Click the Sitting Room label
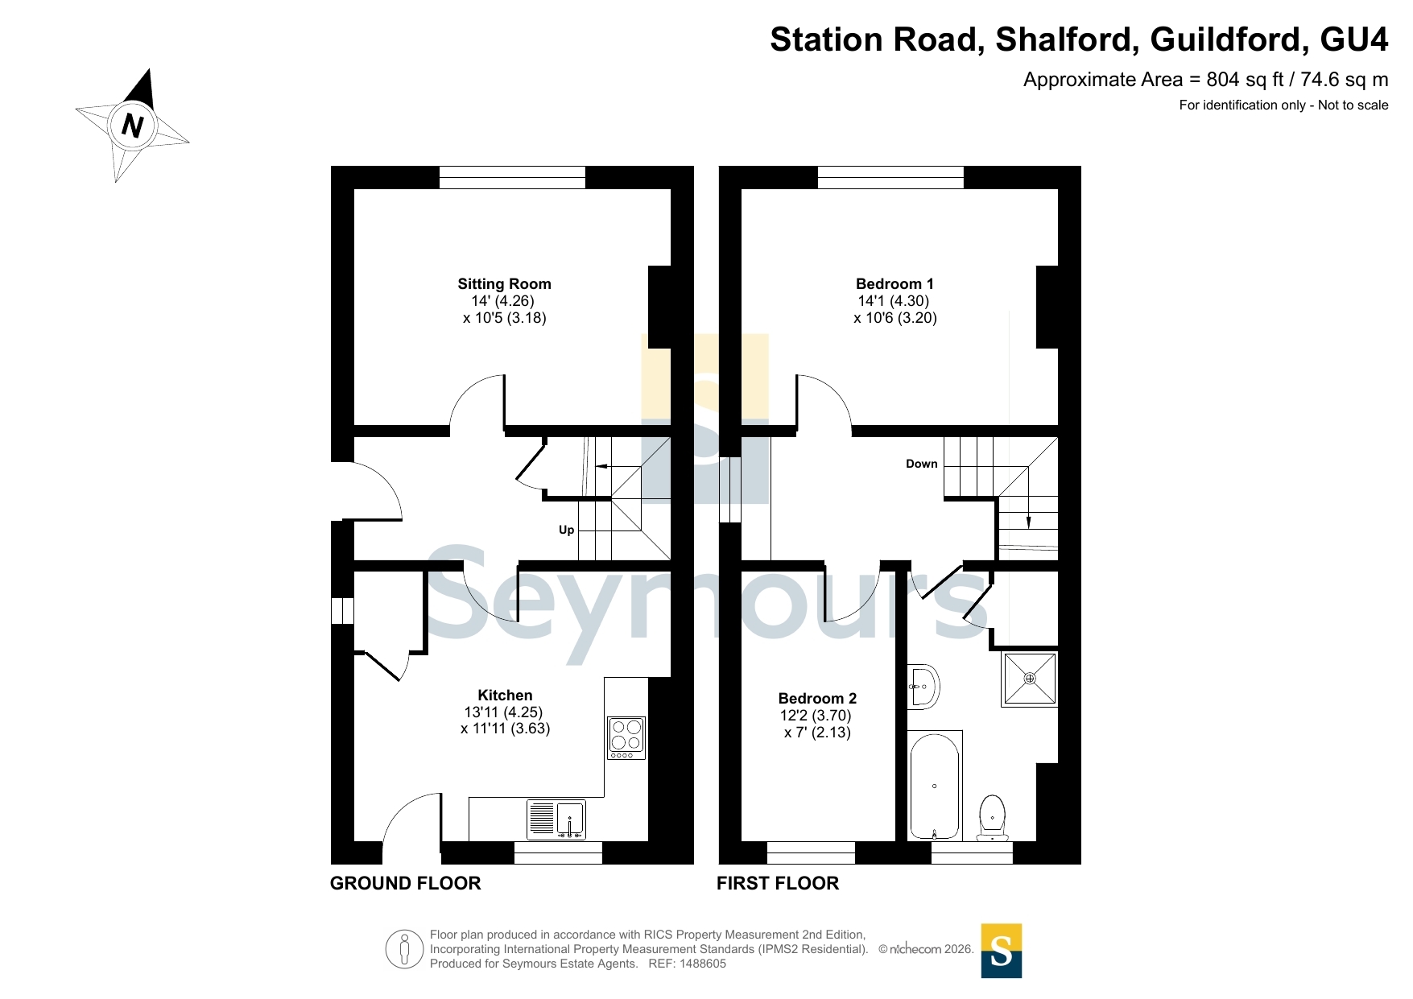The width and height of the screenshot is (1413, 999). [x=504, y=284]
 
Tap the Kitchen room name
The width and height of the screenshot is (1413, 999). [x=505, y=696]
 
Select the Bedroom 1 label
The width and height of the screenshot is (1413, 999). [x=894, y=284]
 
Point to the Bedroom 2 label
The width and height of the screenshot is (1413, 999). [x=817, y=699]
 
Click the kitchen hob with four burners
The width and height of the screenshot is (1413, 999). [x=626, y=738]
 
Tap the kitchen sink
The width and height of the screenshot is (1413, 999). [x=556, y=819]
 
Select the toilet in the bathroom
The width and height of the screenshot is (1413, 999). [x=993, y=818]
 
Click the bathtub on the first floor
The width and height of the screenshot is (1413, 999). [x=935, y=786]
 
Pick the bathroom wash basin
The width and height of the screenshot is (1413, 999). [x=923, y=687]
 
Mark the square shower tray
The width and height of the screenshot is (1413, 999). [x=1030, y=679]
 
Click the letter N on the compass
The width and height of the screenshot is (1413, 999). [x=132, y=126]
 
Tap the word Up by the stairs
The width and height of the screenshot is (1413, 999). [x=567, y=530]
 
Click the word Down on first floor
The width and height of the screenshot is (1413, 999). [x=922, y=464]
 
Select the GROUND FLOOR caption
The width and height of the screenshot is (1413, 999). [x=406, y=883]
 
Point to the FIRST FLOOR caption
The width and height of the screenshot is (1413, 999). [x=778, y=883]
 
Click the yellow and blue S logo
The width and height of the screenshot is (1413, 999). [x=1002, y=951]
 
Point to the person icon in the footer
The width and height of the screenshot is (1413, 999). [x=404, y=949]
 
